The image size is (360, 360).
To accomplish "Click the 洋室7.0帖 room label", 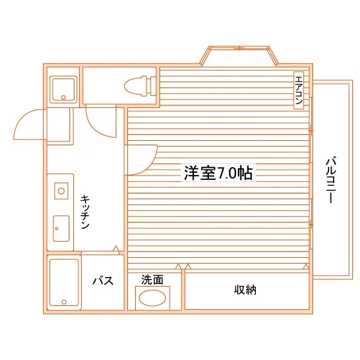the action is click(x=218, y=173).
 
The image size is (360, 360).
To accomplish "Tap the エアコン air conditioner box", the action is click(x=299, y=90).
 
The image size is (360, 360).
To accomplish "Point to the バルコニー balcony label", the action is click(x=331, y=180).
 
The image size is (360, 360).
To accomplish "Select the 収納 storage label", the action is click(x=245, y=290).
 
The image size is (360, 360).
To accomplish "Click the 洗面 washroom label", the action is click(x=152, y=280).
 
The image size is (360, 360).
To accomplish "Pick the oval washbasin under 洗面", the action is click(x=152, y=298).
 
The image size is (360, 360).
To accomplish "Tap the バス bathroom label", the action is click(x=103, y=280).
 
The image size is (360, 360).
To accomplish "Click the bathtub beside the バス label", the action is click(x=64, y=282).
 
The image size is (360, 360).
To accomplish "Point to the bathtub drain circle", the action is click(x=64, y=301).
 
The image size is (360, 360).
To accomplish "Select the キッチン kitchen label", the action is click(x=85, y=212).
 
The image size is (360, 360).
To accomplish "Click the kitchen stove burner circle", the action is click(x=61, y=191).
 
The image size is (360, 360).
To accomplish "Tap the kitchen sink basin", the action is click(x=61, y=228).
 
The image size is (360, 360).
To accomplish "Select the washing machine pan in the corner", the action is click(x=64, y=89).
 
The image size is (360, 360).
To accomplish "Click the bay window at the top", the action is click(x=239, y=56).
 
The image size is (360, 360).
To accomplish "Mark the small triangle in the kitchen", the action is click(x=116, y=248).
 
